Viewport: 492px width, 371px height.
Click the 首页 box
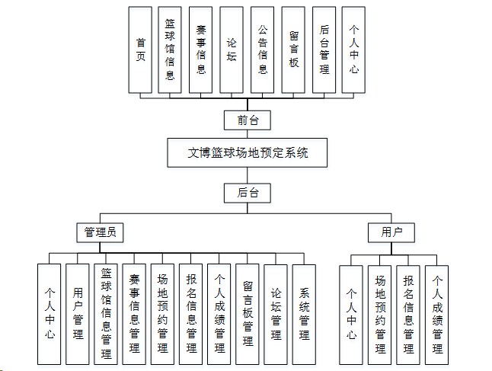click(140, 50)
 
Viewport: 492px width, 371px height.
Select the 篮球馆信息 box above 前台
click(171, 50)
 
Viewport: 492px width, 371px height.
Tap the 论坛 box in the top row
click(232, 50)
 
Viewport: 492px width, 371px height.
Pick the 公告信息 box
click(263, 50)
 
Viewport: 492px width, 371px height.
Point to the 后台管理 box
click(324, 50)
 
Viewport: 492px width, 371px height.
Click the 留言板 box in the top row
click(293, 50)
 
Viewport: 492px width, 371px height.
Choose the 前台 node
click(248, 120)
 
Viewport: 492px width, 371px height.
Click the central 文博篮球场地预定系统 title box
click(248, 152)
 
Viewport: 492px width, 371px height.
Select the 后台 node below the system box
click(248, 193)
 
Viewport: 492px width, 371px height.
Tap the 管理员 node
click(101, 232)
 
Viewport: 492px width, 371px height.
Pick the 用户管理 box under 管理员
click(78, 313)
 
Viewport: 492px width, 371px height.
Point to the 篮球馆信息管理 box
click(106, 313)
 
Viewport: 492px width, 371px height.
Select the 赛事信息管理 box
click(134, 313)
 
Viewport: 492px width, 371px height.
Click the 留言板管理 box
click(248, 313)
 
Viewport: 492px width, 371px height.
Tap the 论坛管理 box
click(276, 313)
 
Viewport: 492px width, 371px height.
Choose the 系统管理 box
click(304, 313)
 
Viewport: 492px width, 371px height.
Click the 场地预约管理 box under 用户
click(380, 313)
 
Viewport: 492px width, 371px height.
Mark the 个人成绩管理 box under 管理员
click(219, 313)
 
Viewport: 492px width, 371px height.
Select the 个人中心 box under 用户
click(352, 313)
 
